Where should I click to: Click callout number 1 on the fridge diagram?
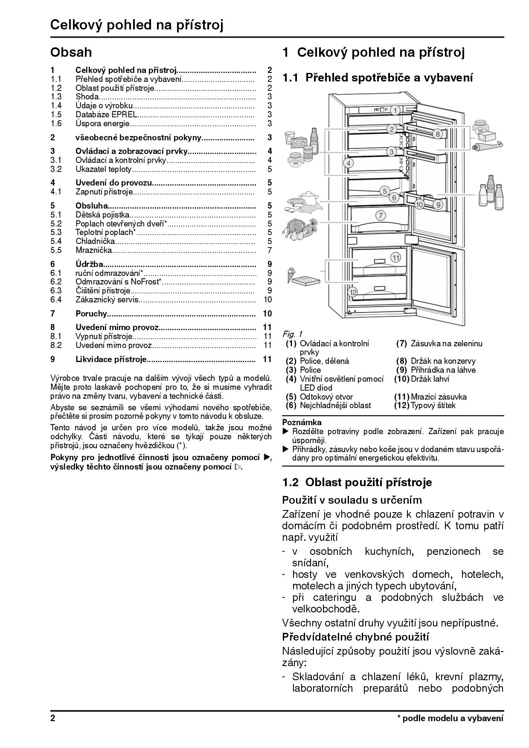pyautogui.click(x=395, y=110)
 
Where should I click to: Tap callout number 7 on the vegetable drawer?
pyautogui.click(x=380, y=215)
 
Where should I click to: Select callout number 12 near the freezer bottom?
pyautogui.click(x=352, y=292)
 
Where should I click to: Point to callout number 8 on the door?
pyautogui.click(x=437, y=134)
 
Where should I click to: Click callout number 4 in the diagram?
pyautogui.click(x=348, y=163)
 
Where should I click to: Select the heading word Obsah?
pyautogui.click(x=71, y=52)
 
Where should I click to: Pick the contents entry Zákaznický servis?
pyautogui.click(x=107, y=299)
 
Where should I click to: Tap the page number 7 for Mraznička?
pyautogui.click(x=270, y=250)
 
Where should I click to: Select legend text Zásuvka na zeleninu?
pyautogui.click(x=446, y=343)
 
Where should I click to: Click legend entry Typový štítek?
pyautogui.click(x=433, y=405)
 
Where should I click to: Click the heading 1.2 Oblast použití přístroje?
pyautogui.click(x=357, y=482)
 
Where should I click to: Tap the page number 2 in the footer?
pyautogui.click(x=53, y=718)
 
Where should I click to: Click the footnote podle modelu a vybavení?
pyautogui.click(x=452, y=718)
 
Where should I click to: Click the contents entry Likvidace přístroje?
pyautogui.click(x=111, y=359)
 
